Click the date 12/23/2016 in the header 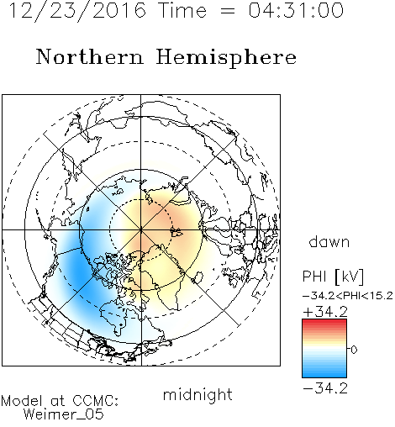(x=77, y=11)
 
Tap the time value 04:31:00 (x=296, y=10)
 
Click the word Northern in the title (x=90, y=56)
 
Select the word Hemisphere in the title (x=226, y=58)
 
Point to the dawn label (x=329, y=241)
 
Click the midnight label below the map (x=197, y=394)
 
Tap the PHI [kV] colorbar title (x=333, y=277)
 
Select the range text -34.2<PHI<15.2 (x=347, y=296)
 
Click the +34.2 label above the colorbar (x=325, y=312)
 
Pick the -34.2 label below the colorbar (x=325, y=388)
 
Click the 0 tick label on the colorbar (x=354, y=350)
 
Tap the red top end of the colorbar (x=324, y=321)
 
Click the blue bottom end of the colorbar (x=324, y=375)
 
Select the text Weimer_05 (x=64, y=414)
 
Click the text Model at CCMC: (x=60, y=401)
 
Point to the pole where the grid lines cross (x=141, y=229)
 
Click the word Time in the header (x=182, y=10)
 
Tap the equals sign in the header (x=227, y=11)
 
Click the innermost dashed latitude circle (x=141, y=199)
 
